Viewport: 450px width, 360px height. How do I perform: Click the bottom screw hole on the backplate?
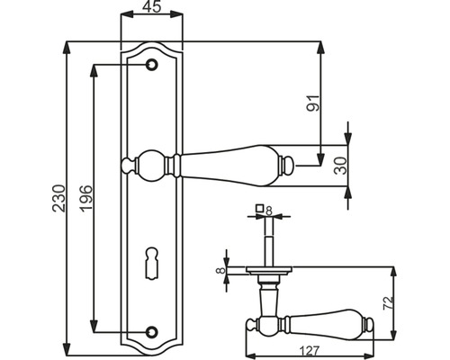point(151,332)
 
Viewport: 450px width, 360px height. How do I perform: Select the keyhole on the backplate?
point(151,266)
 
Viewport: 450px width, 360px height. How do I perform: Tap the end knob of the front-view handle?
point(291,166)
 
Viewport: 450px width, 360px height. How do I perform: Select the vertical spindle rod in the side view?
point(268,243)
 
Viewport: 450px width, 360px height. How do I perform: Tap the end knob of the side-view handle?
point(370,323)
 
